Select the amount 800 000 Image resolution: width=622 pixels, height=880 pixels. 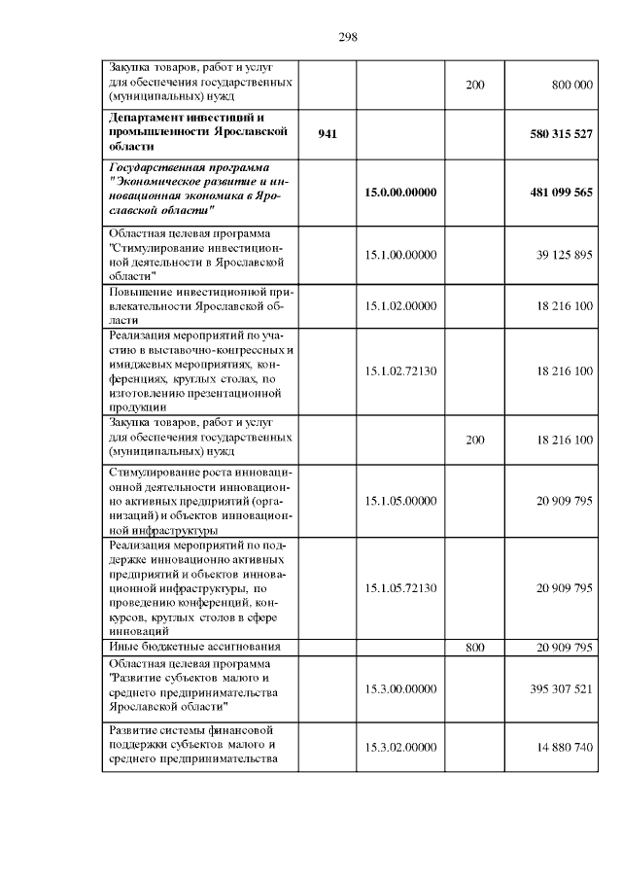pos(571,86)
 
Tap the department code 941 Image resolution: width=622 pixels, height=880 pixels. pos(328,133)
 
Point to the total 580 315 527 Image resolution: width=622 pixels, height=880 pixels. pos(562,133)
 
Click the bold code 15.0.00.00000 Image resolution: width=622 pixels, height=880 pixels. pos(400,193)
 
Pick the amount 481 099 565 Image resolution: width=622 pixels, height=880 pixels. pos(562,193)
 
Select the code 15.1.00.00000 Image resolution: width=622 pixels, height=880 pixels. pos(400,255)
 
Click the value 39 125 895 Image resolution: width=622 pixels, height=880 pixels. pos(564,255)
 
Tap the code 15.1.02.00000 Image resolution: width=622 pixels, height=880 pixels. pos(400,305)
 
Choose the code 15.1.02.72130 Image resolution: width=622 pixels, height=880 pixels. pos(400,371)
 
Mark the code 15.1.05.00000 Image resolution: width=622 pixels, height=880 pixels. pos(400,501)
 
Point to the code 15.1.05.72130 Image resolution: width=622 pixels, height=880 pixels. pos(400,588)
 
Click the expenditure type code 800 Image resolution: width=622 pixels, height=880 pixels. pos(474,647)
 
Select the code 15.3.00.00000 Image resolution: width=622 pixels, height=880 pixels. pos(400,687)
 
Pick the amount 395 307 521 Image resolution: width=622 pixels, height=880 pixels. pos(562,687)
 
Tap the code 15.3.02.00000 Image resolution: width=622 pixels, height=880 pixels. pos(400,746)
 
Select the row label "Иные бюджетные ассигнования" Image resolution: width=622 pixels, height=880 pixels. pos(194,647)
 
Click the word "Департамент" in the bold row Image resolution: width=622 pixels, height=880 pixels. pos(149,118)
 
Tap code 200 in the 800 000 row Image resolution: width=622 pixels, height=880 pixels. pos(474,86)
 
